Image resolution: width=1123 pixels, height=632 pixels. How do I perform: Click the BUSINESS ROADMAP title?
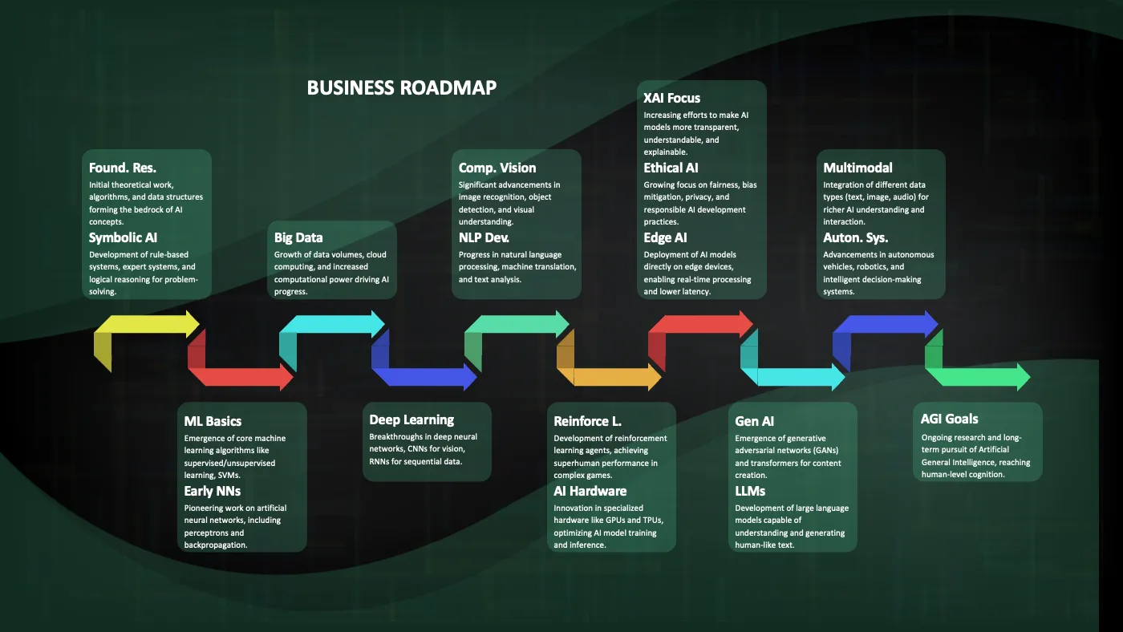[x=402, y=87]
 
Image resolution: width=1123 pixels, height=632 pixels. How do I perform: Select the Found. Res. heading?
[x=122, y=168]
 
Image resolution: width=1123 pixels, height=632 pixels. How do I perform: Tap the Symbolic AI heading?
[x=123, y=237]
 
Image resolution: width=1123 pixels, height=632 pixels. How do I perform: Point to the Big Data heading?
[x=298, y=237]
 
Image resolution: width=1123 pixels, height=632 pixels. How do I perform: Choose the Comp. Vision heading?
[x=497, y=168]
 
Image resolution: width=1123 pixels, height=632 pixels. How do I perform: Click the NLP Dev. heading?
[x=484, y=237]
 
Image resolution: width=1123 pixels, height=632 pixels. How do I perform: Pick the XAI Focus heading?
[x=672, y=98]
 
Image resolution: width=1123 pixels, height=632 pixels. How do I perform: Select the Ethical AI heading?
[x=671, y=168]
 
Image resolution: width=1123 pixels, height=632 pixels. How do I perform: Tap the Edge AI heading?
[x=665, y=237]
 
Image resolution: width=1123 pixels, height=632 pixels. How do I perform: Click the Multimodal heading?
[x=857, y=168]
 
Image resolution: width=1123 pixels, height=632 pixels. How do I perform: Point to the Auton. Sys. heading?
[x=855, y=237]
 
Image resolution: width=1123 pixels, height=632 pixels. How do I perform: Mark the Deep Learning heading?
[x=411, y=420]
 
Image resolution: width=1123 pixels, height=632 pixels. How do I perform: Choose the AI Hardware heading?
[x=590, y=491]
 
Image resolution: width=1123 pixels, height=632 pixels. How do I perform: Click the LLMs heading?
[x=750, y=491]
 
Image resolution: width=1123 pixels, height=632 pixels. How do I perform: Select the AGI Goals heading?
[x=949, y=419]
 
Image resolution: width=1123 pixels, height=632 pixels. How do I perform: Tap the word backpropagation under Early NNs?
[x=216, y=545]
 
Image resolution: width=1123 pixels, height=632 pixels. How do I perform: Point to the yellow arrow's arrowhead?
[x=193, y=324]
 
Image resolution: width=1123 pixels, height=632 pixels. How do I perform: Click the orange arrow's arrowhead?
[x=655, y=377]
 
